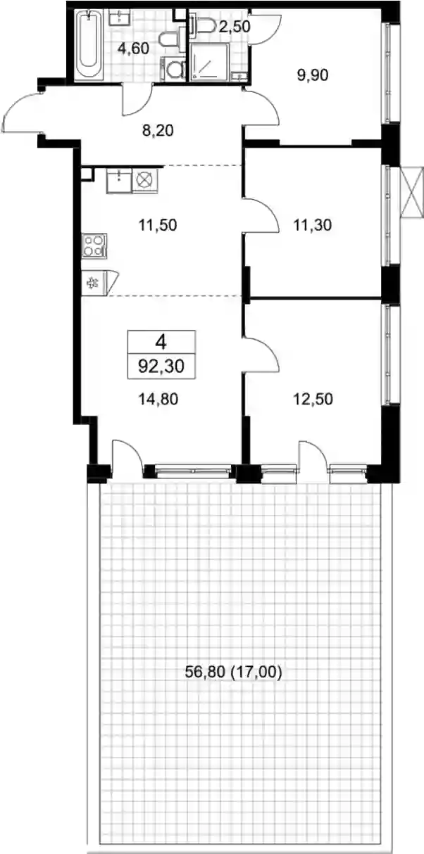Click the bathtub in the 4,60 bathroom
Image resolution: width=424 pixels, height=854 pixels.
[89, 46]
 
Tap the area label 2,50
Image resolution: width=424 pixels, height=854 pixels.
[235, 27]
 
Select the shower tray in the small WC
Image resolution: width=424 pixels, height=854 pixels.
[209, 61]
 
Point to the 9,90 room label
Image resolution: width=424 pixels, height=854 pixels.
[313, 75]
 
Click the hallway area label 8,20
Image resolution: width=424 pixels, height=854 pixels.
[158, 130]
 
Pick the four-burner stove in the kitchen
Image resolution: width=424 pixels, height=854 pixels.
[94, 245]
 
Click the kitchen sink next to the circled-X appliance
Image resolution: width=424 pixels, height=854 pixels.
[119, 181]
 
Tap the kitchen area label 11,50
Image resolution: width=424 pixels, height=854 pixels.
[158, 225]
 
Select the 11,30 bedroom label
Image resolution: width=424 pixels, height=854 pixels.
[313, 225]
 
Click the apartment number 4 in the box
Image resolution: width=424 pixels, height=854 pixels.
[161, 343]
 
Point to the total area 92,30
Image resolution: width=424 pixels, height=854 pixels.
[161, 367]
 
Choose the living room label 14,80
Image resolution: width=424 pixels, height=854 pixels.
[158, 399]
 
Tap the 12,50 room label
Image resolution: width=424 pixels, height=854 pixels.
[313, 399]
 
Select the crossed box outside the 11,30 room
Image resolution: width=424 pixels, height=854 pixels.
[413, 192]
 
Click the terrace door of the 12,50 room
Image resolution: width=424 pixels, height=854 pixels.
[313, 457]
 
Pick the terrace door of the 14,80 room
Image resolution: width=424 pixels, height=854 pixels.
[127, 457]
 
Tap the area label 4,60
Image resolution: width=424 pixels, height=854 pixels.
[133, 49]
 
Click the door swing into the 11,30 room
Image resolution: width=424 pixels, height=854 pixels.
[263, 215]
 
